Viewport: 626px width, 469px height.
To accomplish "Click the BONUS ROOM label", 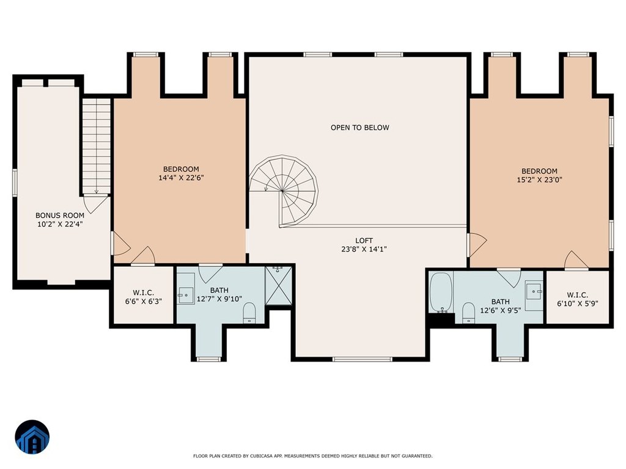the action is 60,216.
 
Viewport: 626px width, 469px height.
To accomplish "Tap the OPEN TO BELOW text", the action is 359,128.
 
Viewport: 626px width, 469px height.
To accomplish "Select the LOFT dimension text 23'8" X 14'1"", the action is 364,249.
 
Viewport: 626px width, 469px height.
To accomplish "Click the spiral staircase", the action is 284,191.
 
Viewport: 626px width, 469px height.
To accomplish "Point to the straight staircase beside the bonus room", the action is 97,146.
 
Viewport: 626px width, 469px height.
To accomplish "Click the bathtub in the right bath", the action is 441,293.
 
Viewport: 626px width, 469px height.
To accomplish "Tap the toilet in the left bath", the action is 249,313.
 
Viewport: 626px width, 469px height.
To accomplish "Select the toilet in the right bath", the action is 468,313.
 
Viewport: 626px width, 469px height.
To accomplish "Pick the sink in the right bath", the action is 533,291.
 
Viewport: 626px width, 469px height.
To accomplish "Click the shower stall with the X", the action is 278,286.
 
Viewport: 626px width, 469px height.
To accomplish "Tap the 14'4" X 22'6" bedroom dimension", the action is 181,178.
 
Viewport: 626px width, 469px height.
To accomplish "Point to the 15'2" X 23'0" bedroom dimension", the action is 539,180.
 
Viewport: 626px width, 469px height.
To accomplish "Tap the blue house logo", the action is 32,437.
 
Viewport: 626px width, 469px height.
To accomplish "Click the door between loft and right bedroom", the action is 477,244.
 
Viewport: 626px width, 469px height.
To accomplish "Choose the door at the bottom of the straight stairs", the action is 96,203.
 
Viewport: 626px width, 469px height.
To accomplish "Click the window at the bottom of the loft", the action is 363,359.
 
